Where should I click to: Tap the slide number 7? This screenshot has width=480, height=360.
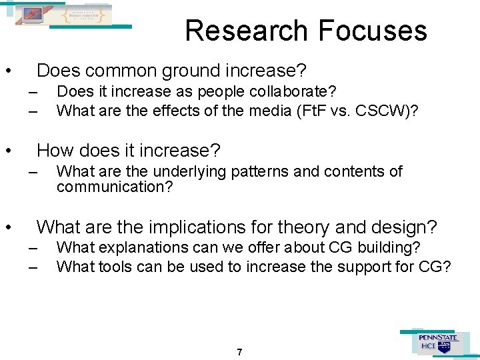point(239,351)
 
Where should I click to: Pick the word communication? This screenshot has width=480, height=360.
point(114,187)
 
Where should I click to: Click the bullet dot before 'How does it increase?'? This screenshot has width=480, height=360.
point(8,151)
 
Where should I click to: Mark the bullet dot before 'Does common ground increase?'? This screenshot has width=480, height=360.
point(8,71)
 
